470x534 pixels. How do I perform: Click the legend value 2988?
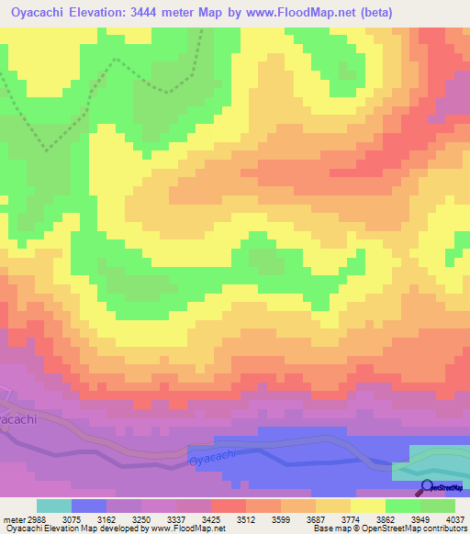[x=36, y=518]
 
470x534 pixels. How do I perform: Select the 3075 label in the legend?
[x=87, y=518]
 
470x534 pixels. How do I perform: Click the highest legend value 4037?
[x=457, y=518]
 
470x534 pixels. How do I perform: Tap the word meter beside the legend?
[x=12, y=518]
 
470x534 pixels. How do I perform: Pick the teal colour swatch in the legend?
[x=53, y=506]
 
